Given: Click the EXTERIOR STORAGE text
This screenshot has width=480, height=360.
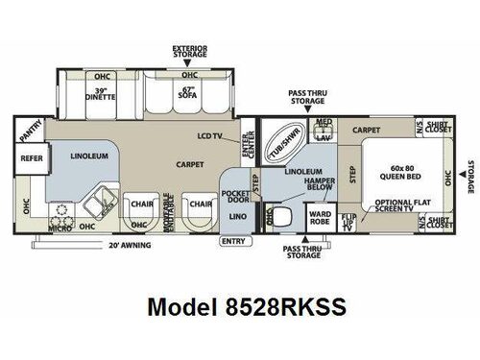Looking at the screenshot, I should coord(189,51).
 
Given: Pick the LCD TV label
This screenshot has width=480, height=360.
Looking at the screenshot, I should coord(209,135).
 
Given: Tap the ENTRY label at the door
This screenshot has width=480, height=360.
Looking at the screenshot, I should coord(232,241).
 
